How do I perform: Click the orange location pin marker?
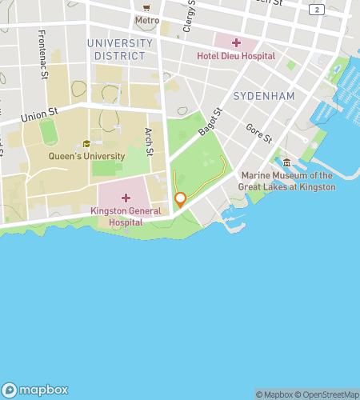point(181,198)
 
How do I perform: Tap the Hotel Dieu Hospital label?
point(236,56)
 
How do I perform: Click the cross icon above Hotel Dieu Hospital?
point(236,42)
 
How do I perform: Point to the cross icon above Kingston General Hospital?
point(126,198)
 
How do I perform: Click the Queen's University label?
point(86,156)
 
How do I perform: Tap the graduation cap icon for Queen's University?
point(86,144)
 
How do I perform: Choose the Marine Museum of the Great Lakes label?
point(286,181)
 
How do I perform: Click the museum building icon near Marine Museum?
point(286,162)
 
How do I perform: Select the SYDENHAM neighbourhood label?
point(264,96)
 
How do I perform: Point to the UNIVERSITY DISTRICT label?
point(119,50)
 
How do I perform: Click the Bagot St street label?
point(210,124)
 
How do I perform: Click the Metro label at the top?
point(146,20)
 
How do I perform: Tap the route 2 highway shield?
point(318,9)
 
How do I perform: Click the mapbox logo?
point(39,390)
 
